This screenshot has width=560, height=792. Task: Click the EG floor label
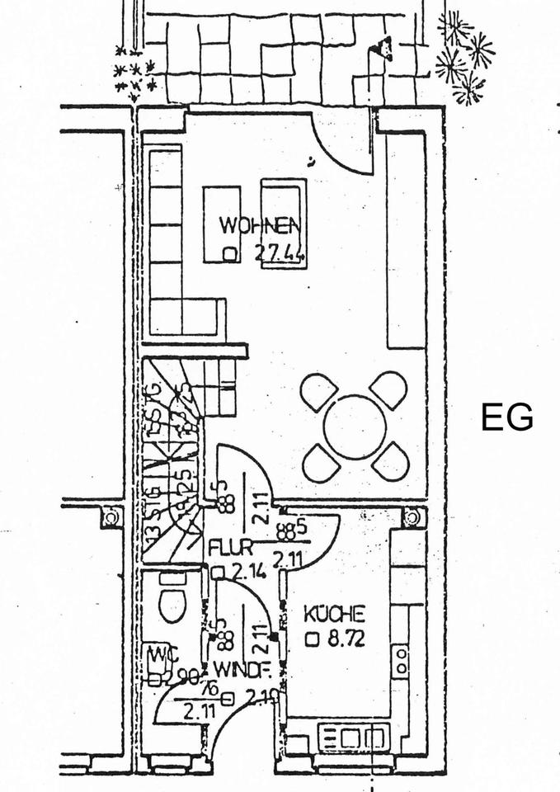[507, 417]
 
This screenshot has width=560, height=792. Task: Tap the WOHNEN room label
[258, 224]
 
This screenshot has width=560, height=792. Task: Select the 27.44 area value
[279, 254]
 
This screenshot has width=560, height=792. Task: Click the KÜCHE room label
[334, 615]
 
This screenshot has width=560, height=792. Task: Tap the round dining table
[355, 427]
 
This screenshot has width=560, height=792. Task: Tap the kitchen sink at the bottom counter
[351, 736]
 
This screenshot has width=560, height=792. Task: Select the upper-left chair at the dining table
[318, 391]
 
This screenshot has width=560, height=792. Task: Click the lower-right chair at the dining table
[391, 462]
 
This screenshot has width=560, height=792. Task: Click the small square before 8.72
[311, 639]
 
